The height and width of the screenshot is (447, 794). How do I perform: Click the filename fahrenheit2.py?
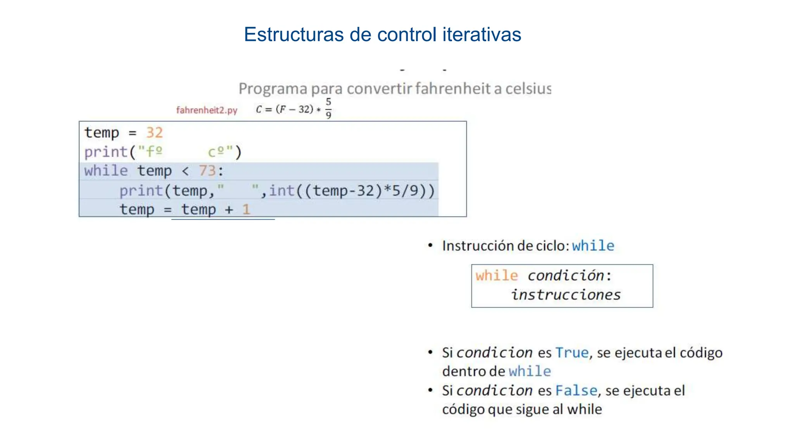click(x=207, y=110)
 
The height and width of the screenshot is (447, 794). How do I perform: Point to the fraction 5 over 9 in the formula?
click(x=328, y=108)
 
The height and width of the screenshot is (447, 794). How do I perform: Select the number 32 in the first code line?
click(x=154, y=133)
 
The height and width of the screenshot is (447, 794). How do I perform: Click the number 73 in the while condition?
click(x=207, y=171)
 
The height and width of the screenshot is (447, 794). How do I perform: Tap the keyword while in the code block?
click(x=106, y=171)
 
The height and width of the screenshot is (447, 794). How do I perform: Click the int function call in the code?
click(x=282, y=191)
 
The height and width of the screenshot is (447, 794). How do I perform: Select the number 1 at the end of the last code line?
click(x=246, y=210)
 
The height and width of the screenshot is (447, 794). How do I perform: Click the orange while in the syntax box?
click(x=497, y=275)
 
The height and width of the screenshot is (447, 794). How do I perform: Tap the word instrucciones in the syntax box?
click(x=566, y=295)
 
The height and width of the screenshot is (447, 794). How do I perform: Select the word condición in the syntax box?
click(x=566, y=275)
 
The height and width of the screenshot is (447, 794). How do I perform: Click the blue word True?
click(x=572, y=353)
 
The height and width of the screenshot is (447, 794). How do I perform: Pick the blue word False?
click(x=576, y=390)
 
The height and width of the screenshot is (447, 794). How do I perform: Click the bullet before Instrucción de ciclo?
click(x=430, y=245)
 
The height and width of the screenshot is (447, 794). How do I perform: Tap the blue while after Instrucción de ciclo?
click(x=593, y=246)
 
